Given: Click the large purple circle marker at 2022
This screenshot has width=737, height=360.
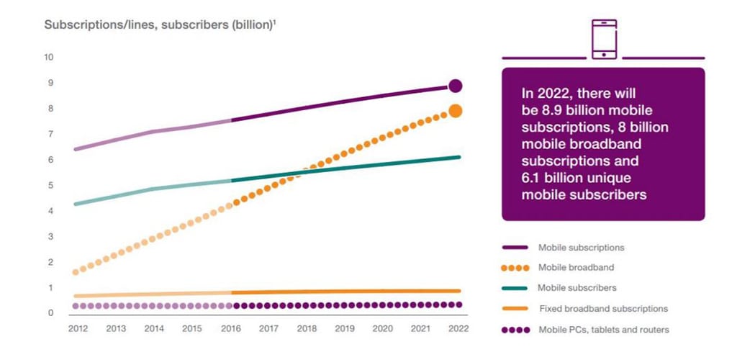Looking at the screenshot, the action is (x=455, y=86).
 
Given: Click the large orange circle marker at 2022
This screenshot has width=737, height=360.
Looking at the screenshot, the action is (x=455, y=111).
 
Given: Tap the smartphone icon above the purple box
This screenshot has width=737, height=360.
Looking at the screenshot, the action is (x=604, y=39).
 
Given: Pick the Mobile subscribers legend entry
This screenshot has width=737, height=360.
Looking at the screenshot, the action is (x=559, y=287).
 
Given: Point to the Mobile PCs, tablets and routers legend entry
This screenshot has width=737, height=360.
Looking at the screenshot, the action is (x=585, y=330).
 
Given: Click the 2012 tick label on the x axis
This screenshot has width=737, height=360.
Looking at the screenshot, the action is (x=78, y=328).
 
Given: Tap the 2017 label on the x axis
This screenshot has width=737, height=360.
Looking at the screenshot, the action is (x=268, y=328).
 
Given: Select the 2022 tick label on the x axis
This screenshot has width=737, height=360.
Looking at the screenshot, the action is (x=458, y=328).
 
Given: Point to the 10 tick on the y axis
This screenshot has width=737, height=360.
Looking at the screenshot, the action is (x=49, y=58).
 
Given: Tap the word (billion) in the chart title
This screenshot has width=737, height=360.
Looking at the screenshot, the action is (x=251, y=25).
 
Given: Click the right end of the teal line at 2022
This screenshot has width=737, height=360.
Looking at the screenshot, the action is (x=458, y=157).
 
